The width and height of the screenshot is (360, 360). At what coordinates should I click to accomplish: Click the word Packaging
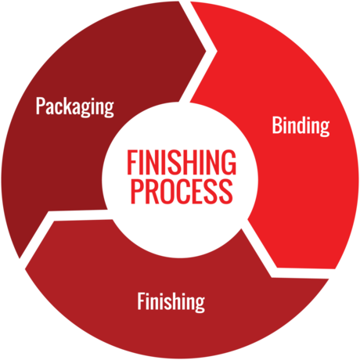coord(75,106)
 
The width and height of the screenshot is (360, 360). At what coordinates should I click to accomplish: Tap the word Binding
coord(301,126)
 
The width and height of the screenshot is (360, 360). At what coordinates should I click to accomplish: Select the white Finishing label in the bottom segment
coord(171,302)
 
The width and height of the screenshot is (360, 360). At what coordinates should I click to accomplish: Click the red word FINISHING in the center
coord(182,162)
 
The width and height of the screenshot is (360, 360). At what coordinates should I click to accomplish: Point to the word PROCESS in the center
coord(182,191)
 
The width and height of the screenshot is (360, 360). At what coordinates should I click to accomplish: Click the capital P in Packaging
coord(40,106)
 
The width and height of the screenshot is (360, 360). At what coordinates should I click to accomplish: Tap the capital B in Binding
coord(277,125)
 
